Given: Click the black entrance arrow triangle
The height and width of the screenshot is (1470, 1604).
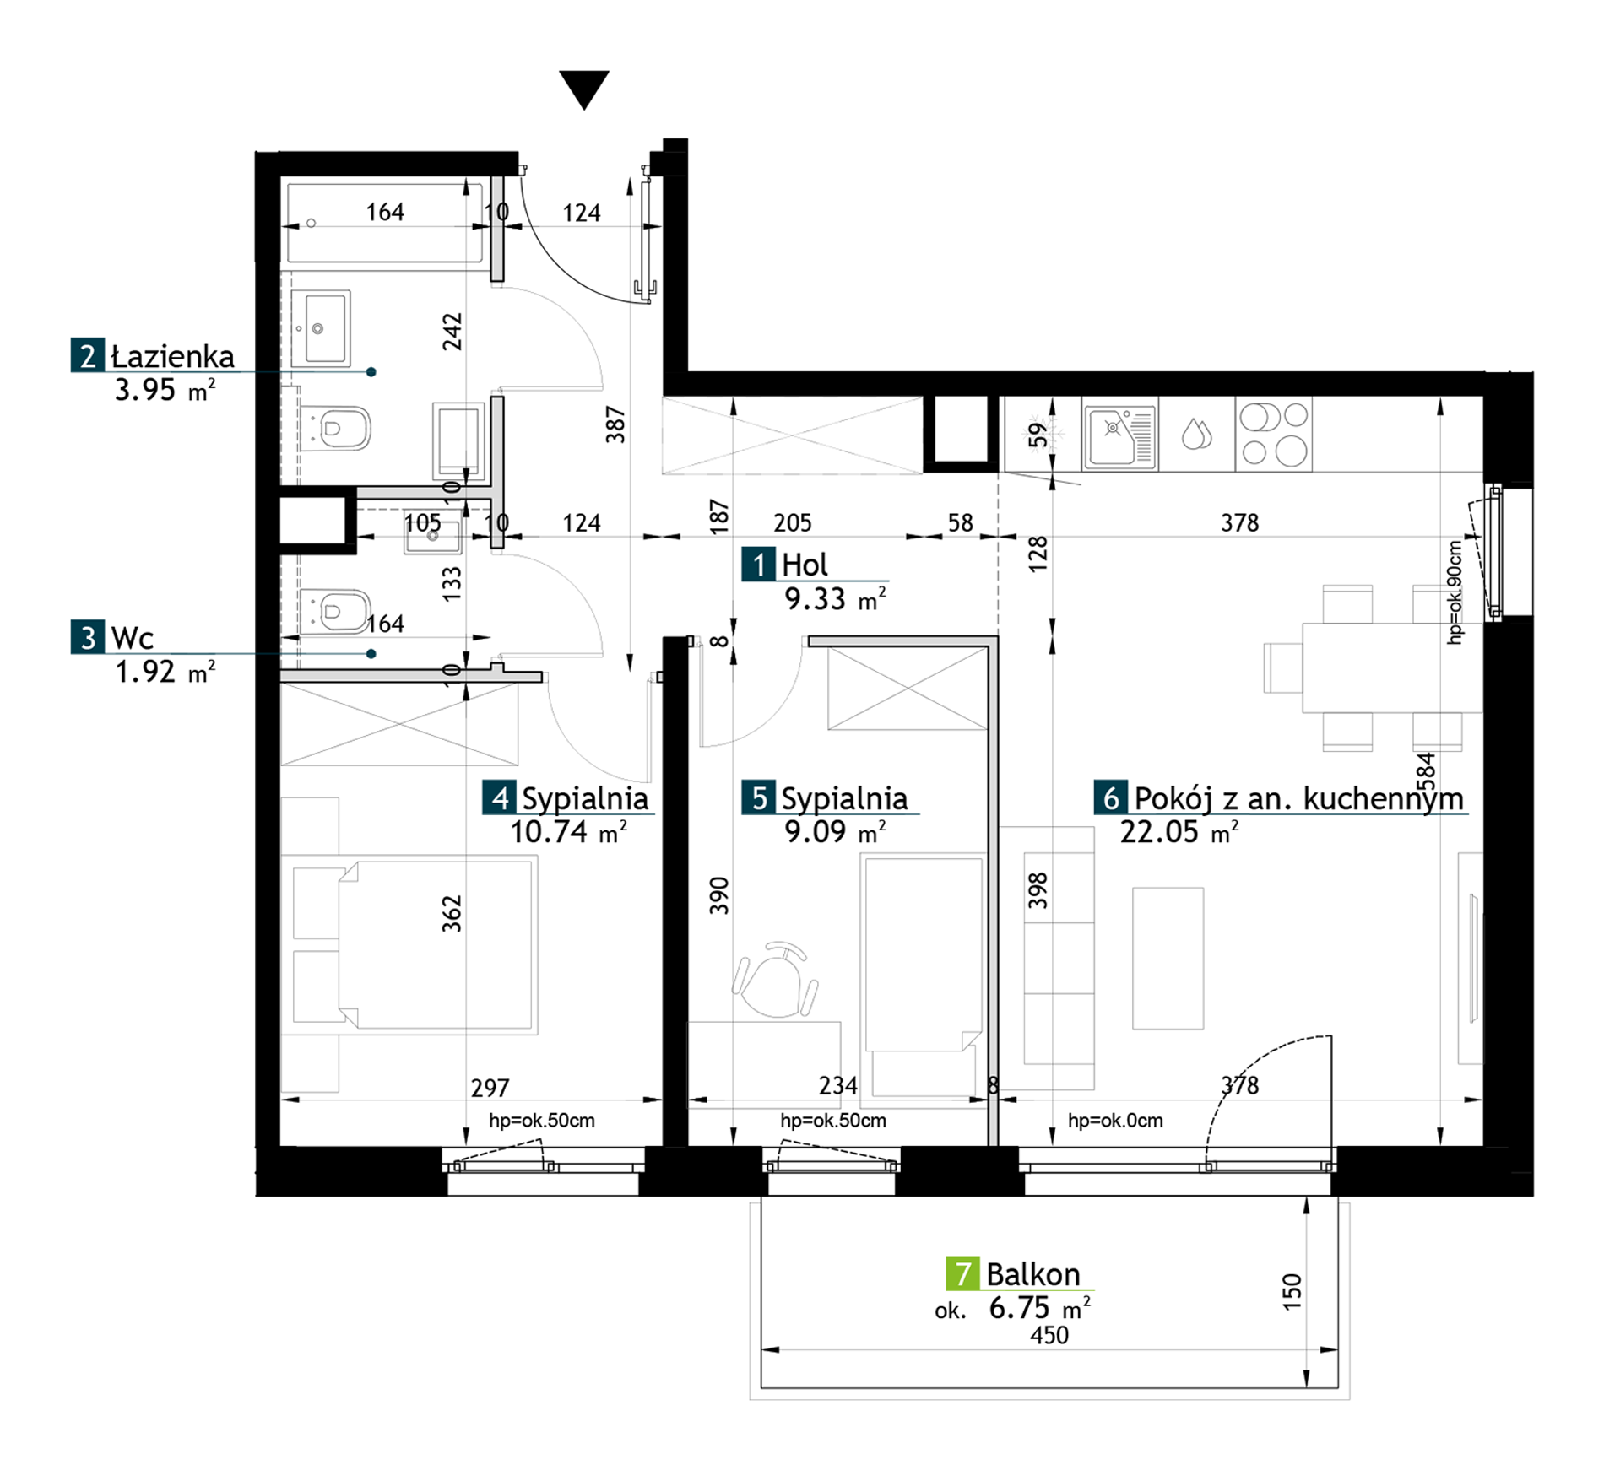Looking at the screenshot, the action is (583, 89).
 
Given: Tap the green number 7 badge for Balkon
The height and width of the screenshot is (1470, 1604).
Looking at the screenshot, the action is (962, 1273).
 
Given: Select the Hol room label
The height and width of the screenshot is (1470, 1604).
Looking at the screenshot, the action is (805, 565).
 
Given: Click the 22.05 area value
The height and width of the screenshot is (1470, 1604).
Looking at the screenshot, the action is (1159, 832).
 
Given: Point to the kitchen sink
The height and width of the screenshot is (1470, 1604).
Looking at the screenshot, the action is (1119, 435).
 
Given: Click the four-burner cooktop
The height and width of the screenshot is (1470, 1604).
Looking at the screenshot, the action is (1274, 434).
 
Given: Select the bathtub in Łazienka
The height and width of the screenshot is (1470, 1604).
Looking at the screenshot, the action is (385, 224).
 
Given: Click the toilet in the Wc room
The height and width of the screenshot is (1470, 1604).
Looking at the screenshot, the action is (336, 610).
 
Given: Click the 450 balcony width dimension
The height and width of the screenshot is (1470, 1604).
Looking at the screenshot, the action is (1049, 1335).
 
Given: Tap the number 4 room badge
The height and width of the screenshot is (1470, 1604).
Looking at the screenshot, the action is (500, 797).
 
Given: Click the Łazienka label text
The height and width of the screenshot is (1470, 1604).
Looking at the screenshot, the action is (173, 356).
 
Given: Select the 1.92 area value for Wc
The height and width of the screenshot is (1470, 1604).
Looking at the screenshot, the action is (145, 672).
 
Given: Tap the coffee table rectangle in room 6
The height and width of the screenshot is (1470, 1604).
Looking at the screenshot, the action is (1168, 958).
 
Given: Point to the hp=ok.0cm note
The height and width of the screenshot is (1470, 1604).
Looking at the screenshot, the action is (1115, 1121).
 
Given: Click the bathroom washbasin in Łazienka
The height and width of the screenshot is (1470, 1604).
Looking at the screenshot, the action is (320, 328).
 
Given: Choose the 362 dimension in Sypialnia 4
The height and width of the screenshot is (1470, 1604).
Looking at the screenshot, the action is (452, 913).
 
